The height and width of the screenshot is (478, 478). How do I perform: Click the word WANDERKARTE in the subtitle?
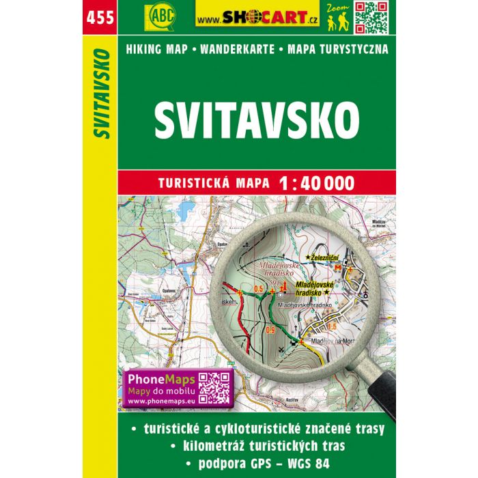(x=241, y=49)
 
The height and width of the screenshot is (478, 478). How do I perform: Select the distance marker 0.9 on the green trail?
(x=271, y=331)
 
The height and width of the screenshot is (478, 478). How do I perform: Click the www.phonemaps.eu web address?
(x=161, y=403)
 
